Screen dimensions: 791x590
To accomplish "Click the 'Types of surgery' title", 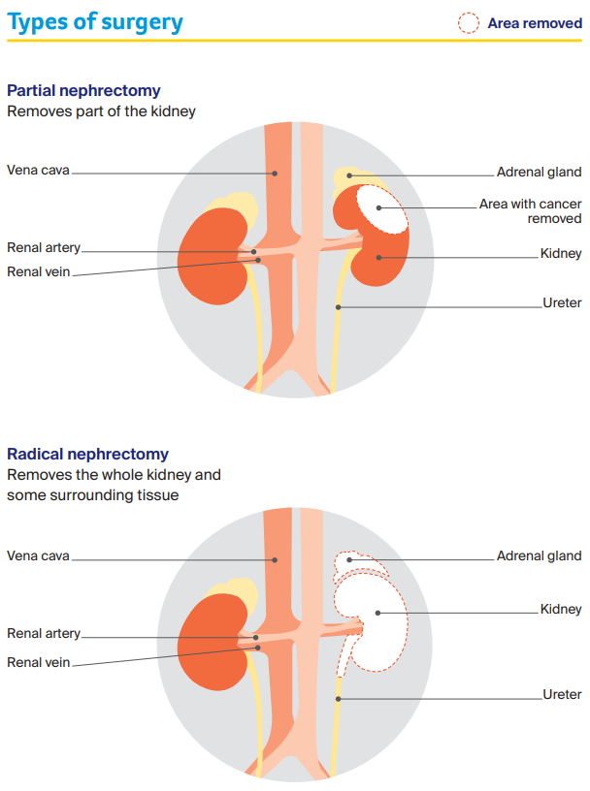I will [x=94, y=21].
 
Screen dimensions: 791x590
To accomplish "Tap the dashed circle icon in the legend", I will [x=469, y=23].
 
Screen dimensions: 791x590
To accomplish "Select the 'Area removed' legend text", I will [x=534, y=23].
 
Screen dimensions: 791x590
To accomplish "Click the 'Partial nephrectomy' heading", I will [x=83, y=90].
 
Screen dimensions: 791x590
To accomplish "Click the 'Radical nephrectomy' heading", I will [x=87, y=454].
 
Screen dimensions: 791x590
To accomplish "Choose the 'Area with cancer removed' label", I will [x=531, y=211].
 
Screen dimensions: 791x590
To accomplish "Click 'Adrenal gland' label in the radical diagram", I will [x=539, y=555].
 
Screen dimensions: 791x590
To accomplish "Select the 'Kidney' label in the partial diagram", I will [x=561, y=254].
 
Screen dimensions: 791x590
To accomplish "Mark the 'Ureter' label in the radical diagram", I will [x=562, y=694].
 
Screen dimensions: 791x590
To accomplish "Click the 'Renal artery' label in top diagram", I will [x=44, y=248].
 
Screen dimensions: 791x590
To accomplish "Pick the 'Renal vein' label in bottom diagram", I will [x=39, y=662].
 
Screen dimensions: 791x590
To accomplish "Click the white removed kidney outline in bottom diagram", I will [x=380, y=620].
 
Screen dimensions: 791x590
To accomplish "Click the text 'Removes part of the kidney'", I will [x=101, y=111].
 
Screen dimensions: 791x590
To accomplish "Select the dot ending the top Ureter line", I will [x=338, y=307].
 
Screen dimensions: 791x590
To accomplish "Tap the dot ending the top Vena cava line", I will [x=275, y=174].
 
